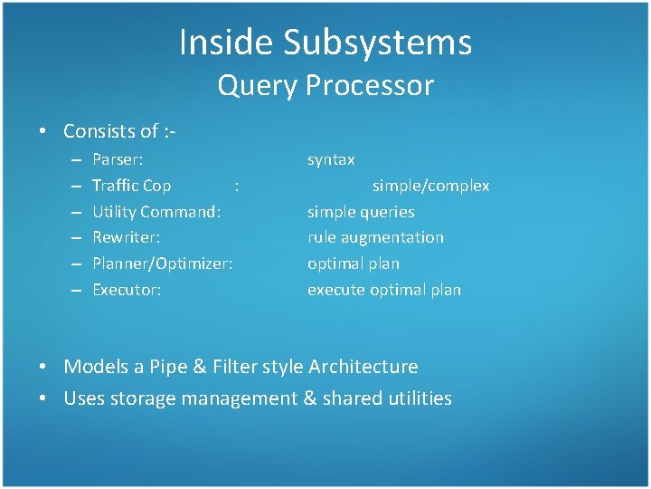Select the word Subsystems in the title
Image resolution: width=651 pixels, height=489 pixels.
tap(377, 43)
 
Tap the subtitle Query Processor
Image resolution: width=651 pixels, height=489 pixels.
tap(325, 85)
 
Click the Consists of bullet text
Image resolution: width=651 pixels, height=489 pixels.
tap(118, 131)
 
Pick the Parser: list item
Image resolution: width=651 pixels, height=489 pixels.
tap(118, 159)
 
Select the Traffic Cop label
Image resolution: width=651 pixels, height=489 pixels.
tap(132, 186)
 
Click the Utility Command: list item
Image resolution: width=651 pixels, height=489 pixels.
tap(157, 212)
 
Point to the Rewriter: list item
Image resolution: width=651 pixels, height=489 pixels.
tap(127, 237)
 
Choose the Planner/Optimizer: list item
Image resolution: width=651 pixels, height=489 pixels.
tap(163, 264)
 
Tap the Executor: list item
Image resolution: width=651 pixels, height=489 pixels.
tap(127, 290)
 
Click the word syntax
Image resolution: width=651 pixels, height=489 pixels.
tap(331, 159)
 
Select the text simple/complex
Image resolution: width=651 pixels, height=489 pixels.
tap(430, 186)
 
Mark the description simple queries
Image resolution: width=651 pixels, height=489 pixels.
tap(361, 212)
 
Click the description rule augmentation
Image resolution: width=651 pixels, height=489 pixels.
tap(375, 237)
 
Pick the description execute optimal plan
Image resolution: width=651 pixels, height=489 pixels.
tap(384, 290)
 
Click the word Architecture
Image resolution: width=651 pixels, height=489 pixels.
tap(363, 367)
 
